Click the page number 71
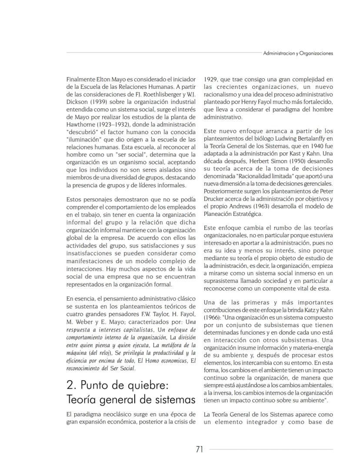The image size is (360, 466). point(199,449)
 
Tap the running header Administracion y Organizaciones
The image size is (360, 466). point(298,54)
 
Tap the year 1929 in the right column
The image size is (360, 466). point(211,80)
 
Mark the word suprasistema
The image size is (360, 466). point(223,282)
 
